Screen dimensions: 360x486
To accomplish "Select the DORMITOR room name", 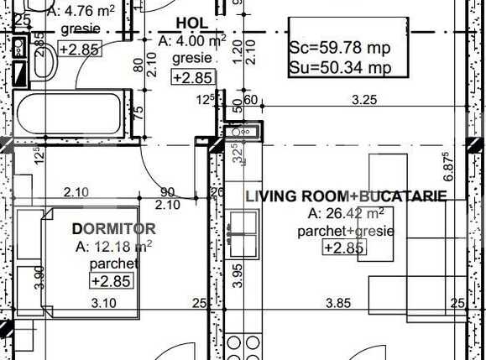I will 113,228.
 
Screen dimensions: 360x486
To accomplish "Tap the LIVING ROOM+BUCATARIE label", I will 346,196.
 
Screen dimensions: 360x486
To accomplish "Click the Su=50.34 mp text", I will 339,67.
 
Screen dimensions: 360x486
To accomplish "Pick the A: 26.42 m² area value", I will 346,213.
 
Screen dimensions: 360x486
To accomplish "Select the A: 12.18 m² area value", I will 113,247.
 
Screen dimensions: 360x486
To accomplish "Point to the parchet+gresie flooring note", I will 346,230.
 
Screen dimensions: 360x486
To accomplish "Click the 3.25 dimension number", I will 363,101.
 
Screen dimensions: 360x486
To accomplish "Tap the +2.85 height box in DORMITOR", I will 111,281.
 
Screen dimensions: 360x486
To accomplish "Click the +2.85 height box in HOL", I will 192,78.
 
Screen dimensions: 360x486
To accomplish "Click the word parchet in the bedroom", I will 112,263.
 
